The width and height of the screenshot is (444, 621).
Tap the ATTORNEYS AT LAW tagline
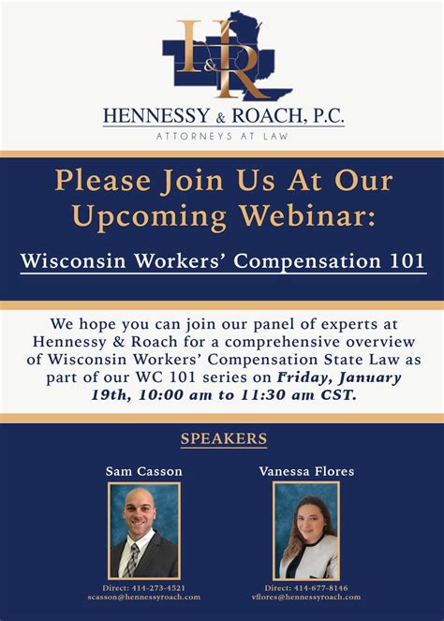click(222, 136)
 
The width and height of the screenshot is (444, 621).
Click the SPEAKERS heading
click(223, 439)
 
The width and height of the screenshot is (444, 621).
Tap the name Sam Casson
click(143, 471)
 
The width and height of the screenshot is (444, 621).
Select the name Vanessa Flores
click(306, 471)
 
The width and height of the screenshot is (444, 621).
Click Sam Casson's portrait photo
click(143, 530)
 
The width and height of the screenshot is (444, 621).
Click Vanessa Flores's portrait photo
click(306, 530)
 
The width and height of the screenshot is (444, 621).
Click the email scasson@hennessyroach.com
click(144, 597)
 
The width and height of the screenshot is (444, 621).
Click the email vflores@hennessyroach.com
click(306, 597)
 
